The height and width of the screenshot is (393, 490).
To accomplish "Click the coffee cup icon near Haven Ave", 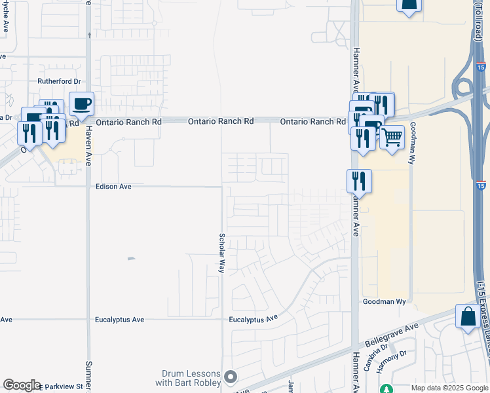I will (82, 104).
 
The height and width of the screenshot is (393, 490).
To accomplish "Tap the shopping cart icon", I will (392, 138).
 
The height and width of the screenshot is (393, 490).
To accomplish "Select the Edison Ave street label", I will (114, 187).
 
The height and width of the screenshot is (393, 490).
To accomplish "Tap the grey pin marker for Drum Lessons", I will (230, 377).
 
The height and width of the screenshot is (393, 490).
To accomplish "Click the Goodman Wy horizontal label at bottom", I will (385, 302).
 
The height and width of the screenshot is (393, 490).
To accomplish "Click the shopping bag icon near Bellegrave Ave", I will (468, 316).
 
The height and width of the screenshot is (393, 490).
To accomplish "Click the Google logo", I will (21, 385).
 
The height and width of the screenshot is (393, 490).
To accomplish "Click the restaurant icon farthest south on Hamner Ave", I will (359, 181).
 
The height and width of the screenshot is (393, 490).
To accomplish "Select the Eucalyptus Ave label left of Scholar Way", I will (120, 320).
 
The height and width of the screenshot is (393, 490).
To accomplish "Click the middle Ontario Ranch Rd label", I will (221, 122).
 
